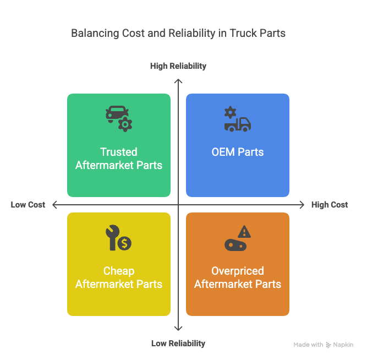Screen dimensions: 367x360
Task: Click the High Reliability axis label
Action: pos(178,66)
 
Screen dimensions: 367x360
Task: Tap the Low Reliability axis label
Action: pos(178,343)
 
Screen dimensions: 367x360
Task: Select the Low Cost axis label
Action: pos(28,205)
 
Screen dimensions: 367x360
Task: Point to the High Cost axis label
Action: pos(330,205)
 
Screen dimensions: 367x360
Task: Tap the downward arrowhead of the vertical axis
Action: pos(178,329)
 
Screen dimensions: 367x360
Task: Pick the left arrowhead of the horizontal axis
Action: pos(54,205)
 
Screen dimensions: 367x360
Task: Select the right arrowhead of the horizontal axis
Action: pos(302,205)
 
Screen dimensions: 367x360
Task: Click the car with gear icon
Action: pos(119,119)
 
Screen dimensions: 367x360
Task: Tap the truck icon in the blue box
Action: pos(238,124)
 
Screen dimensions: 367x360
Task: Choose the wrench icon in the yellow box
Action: pos(112,237)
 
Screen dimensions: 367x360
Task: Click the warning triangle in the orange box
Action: pos(244,232)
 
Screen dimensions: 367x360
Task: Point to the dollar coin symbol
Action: pos(124,243)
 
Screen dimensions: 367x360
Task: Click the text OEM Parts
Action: pos(238,152)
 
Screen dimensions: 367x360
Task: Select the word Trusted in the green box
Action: pos(119,152)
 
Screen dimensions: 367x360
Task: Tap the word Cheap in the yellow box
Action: pos(119,271)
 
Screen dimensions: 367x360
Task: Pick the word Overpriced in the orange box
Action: pos(238,271)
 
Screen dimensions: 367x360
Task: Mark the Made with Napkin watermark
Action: pos(323,345)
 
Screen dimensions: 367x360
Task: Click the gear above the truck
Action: pos(231,112)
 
